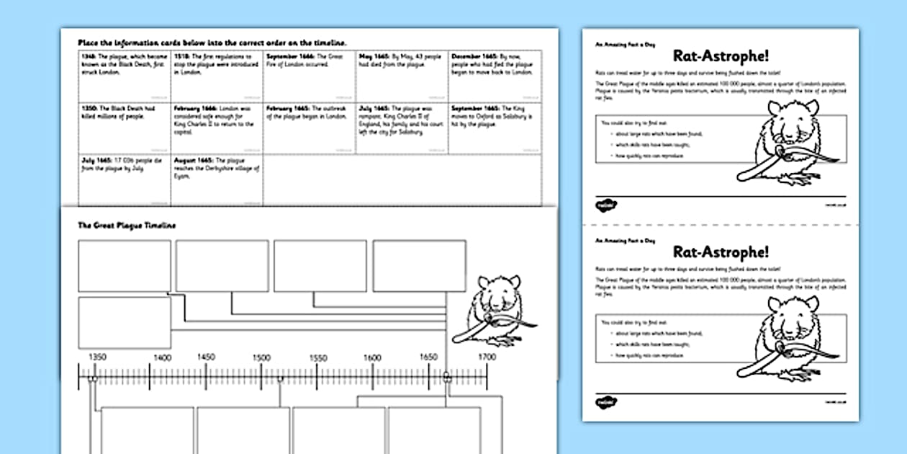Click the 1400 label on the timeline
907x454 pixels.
click(x=163, y=357)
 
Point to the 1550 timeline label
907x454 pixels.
click(x=318, y=357)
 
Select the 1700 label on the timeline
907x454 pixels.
click(x=487, y=357)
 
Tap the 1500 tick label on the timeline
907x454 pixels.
click(x=261, y=357)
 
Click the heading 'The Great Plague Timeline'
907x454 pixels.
click(x=127, y=226)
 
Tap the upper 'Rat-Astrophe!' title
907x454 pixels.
click(x=720, y=56)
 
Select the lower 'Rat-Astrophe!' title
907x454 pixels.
click(x=720, y=252)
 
